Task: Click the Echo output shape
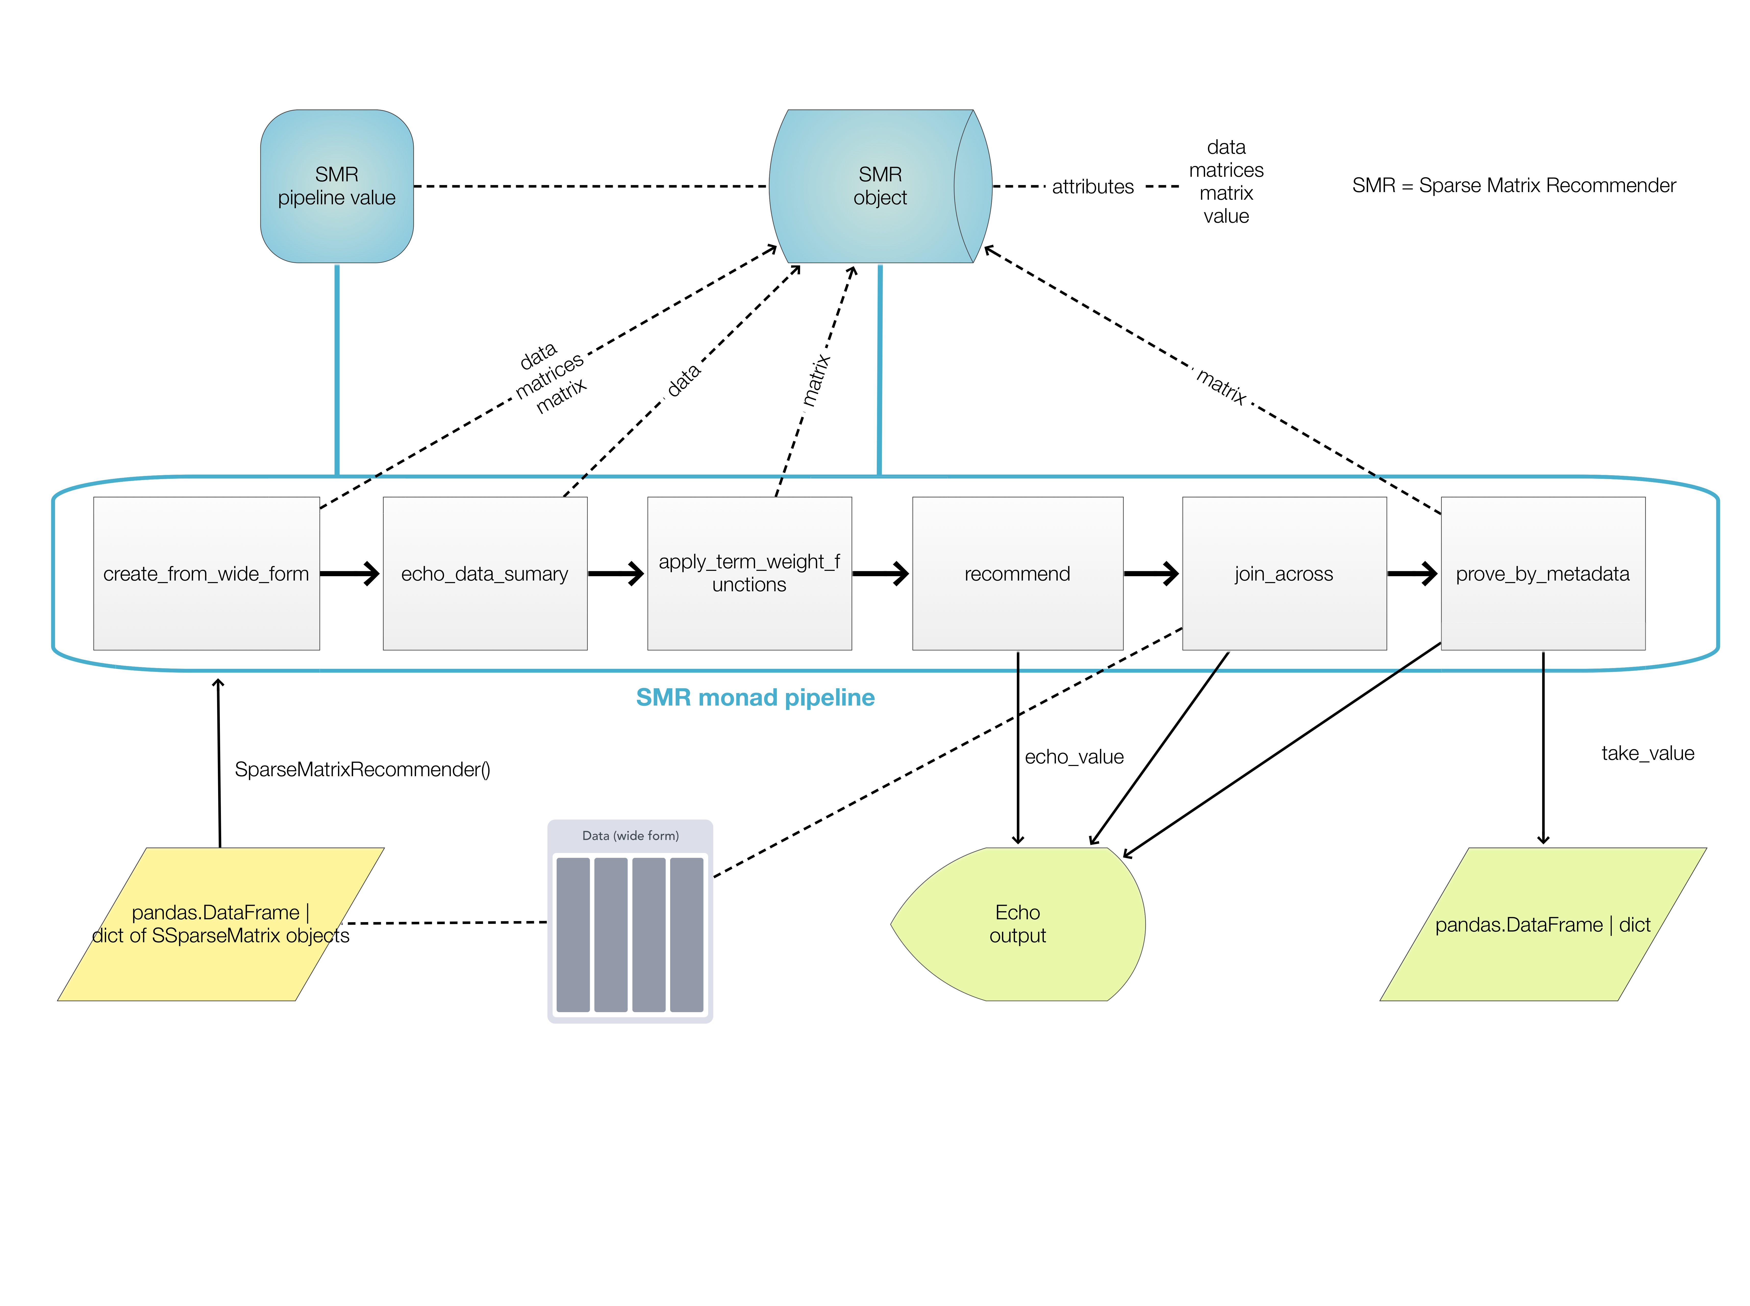point(1017,923)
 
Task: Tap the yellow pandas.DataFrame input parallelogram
point(220,923)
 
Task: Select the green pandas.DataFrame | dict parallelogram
point(1542,923)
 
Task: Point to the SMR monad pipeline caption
point(755,697)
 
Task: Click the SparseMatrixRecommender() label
point(362,769)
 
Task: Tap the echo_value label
point(1073,757)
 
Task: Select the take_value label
point(1647,753)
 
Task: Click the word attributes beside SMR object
point(1092,186)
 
